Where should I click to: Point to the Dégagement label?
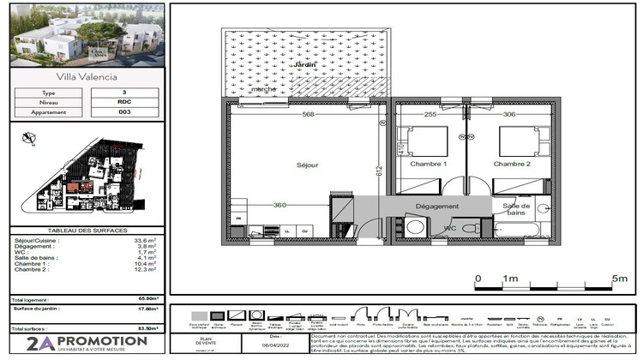[x=437, y=206]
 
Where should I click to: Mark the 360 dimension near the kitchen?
[x=279, y=206]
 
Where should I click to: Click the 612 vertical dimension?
[x=377, y=171]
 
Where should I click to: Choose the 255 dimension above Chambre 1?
[x=430, y=115]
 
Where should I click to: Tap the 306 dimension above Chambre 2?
[x=509, y=115]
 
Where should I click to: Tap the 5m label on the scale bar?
[x=620, y=279]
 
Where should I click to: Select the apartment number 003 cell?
[x=123, y=112]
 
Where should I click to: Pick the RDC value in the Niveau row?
[x=123, y=102]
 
